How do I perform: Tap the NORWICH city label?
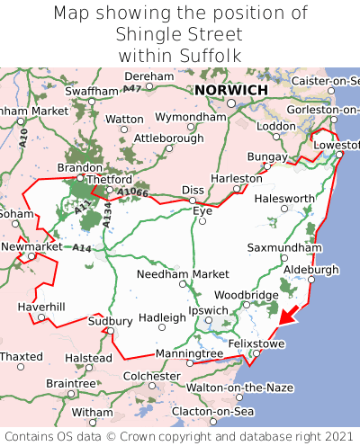(x=231, y=91)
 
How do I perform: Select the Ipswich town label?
(x=208, y=310)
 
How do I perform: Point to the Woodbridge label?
(x=246, y=295)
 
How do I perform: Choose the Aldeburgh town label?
(x=310, y=269)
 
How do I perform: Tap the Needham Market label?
(x=184, y=273)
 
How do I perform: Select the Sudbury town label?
(x=111, y=321)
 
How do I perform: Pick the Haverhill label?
(x=41, y=307)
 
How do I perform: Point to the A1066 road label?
(x=131, y=192)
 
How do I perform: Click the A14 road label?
(x=82, y=247)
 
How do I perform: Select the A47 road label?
(x=132, y=88)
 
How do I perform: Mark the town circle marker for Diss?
(x=192, y=177)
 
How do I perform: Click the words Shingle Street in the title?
(x=180, y=34)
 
